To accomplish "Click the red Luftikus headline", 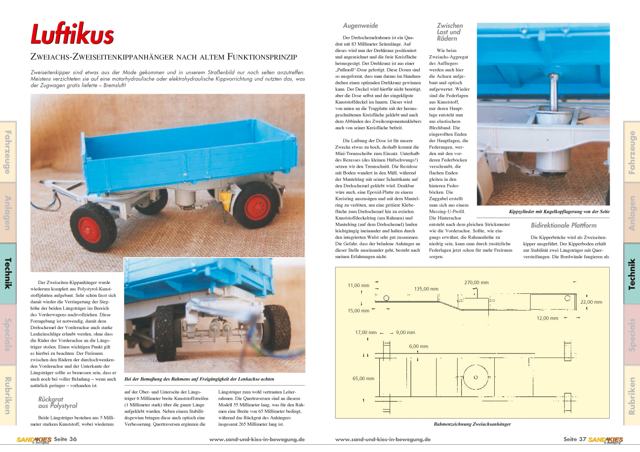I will (72, 34).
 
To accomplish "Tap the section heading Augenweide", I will (360, 26).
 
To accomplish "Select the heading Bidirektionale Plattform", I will (564, 225).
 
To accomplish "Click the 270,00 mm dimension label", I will (476, 282).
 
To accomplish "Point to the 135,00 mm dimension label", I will (426, 289).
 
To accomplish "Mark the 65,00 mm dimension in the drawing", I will (363, 378).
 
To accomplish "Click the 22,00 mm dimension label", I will (591, 302).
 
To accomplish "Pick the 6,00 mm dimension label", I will (418, 346).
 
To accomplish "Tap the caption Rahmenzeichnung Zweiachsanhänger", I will (472, 424).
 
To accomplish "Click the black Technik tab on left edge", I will (8, 273).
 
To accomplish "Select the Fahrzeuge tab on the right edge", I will (632, 152).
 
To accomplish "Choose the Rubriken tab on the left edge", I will (8, 395).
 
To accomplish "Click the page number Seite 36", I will (65, 439).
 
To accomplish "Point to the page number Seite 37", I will (574, 439).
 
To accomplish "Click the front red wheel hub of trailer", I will (90, 229).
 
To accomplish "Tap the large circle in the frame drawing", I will (476, 377).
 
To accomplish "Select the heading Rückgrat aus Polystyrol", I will (57, 402).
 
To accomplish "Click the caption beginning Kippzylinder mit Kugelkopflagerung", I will (559, 212).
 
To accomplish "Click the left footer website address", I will (257, 439).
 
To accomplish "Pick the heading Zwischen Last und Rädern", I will (449, 32).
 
